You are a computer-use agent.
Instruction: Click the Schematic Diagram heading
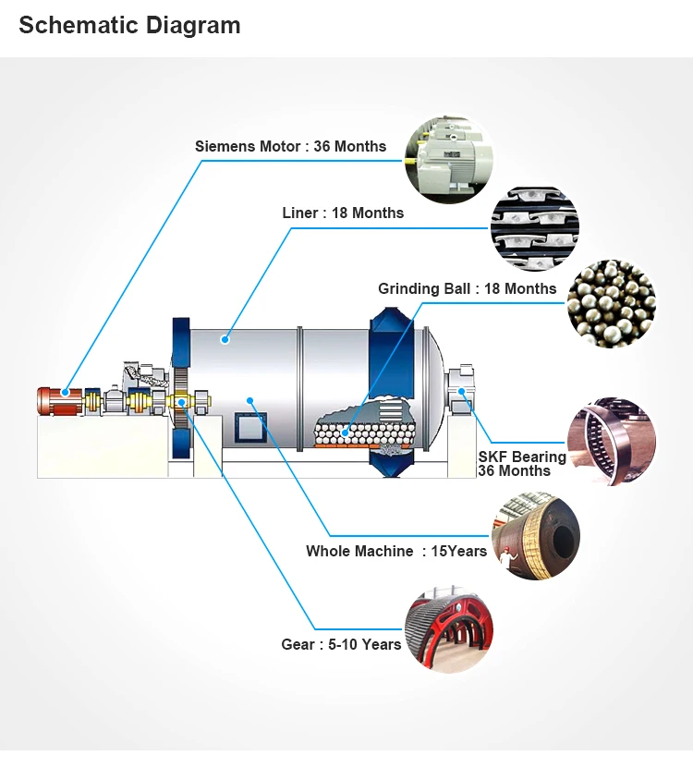click(129, 26)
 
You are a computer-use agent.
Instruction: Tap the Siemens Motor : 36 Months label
click(290, 146)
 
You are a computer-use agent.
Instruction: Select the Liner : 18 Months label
click(343, 213)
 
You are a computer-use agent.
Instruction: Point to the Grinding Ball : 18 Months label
click(467, 288)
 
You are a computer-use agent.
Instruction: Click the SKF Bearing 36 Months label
click(521, 464)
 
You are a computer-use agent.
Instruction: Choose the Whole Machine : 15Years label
click(396, 551)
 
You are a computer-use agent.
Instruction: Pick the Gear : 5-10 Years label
click(341, 644)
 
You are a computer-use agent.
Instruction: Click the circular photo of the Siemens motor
click(449, 159)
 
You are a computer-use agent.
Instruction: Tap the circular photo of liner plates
click(534, 229)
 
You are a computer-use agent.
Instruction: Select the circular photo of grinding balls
click(611, 304)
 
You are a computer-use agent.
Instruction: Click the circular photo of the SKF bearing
click(611, 443)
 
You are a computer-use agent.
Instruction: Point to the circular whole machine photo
click(535, 536)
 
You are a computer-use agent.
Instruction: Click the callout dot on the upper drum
click(225, 340)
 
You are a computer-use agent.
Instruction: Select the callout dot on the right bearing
click(461, 392)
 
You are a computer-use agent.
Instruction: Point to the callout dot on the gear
click(183, 402)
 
